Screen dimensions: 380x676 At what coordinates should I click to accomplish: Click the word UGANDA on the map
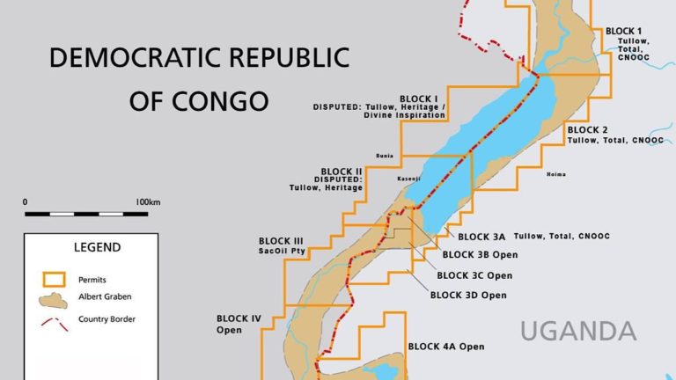(577, 332)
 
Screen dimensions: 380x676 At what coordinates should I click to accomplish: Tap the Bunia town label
(384, 154)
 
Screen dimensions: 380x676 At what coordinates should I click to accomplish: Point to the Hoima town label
(556, 173)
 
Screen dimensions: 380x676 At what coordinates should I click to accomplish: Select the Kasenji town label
(408, 179)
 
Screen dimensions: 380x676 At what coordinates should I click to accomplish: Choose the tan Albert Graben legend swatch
(55, 299)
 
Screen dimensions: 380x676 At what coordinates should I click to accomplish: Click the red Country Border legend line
(55, 322)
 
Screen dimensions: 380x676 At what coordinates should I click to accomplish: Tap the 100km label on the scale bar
(148, 201)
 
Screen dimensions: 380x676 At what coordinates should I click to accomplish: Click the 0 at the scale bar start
(26, 201)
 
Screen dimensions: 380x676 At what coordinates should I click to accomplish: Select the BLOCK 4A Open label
(446, 347)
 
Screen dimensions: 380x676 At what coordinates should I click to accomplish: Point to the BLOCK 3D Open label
(468, 295)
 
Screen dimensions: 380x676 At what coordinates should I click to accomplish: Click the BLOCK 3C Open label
(474, 274)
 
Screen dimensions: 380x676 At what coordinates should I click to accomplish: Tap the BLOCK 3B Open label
(480, 255)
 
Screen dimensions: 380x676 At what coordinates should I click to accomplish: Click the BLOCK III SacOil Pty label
(281, 245)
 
